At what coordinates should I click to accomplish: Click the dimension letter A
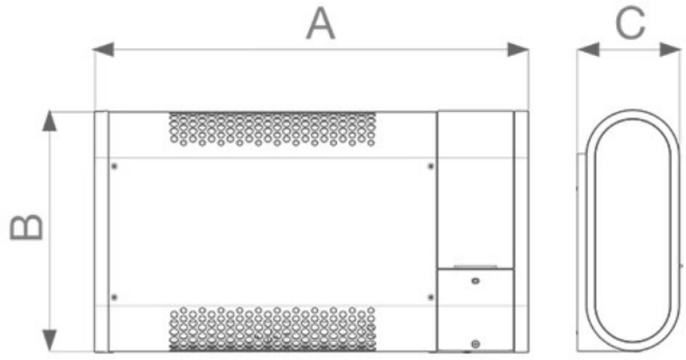point(320,24)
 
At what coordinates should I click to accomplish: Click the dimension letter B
point(27,228)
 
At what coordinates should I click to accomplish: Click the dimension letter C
point(630,24)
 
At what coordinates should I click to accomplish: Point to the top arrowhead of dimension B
point(49,121)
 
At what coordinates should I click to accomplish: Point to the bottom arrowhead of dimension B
point(49,339)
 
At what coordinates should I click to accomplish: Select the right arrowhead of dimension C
point(670,49)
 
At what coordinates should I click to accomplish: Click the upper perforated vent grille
point(272,129)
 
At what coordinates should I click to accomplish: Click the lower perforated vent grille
point(272,328)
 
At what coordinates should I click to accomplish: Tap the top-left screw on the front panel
point(114,167)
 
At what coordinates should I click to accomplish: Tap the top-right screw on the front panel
point(431,167)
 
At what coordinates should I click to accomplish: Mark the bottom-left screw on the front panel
point(114,297)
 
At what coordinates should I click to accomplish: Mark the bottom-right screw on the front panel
point(431,297)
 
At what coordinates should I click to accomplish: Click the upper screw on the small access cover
point(475,281)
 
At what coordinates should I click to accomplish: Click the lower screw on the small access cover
point(475,343)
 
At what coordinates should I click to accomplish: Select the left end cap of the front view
point(102,231)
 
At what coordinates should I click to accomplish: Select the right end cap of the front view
point(521,231)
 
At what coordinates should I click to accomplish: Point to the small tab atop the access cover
point(475,267)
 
